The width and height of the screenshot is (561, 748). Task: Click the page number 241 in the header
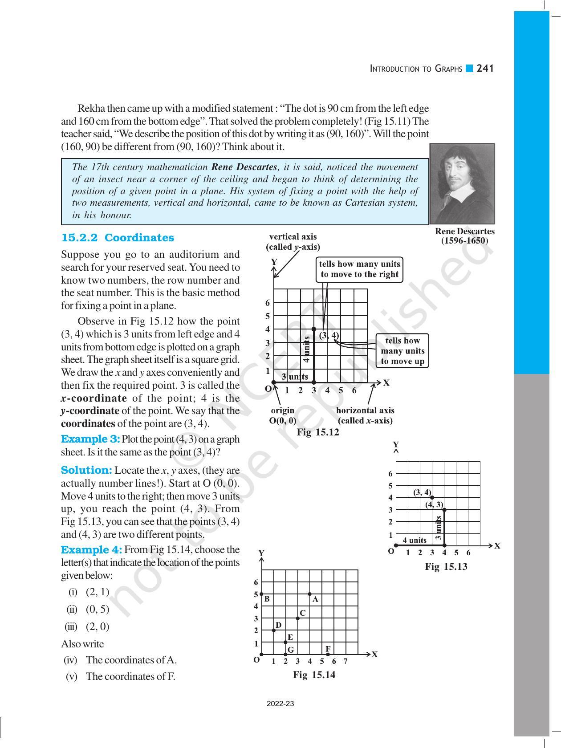pyautogui.click(x=485, y=69)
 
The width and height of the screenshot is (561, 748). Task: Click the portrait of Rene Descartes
pyautogui.click(x=462, y=183)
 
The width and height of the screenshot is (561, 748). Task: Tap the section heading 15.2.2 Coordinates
pyautogui.click(x=118, y=238)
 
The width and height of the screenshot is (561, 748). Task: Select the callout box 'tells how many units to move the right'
pyautogui.click(x=359, y=269)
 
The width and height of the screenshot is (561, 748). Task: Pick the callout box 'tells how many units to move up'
pyautogui.click(x=402, y=351)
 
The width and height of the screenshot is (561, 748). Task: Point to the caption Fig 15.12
pyautogui.click(x=318, y=432)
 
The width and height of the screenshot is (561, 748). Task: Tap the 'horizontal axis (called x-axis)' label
pyautogui.click(x=365, y=415)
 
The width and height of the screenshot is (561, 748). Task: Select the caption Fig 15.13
pyautogui.click(x=446, y=566)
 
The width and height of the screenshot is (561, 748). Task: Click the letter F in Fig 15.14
pyautogui.click(x=328, y=649)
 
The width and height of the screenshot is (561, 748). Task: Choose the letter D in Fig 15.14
pyautogui.click(x=278, y=625)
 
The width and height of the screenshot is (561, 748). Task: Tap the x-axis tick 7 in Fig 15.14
pyautogui.click(x=346, y=662)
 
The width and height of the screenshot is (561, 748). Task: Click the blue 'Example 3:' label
pyautogui.click(x=90, y=439)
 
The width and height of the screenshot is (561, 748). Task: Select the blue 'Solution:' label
pyautogui.click(x=86, y=470)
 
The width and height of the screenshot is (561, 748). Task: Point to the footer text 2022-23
pyautogui.click(x=280, y=704)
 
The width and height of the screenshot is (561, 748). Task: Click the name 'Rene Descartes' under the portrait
pyautogui.click(x=464, y=232)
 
